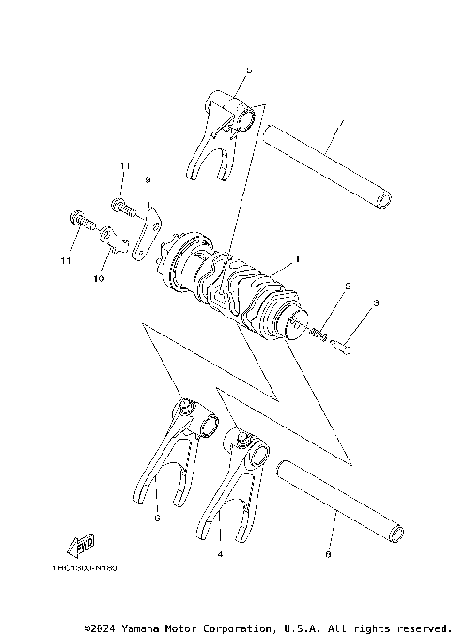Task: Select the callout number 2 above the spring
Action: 347,286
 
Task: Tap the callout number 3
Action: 375,303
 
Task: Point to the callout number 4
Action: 219,555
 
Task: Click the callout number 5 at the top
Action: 248,70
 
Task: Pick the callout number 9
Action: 148,179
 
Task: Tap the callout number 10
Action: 101,279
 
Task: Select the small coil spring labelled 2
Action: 317,332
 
